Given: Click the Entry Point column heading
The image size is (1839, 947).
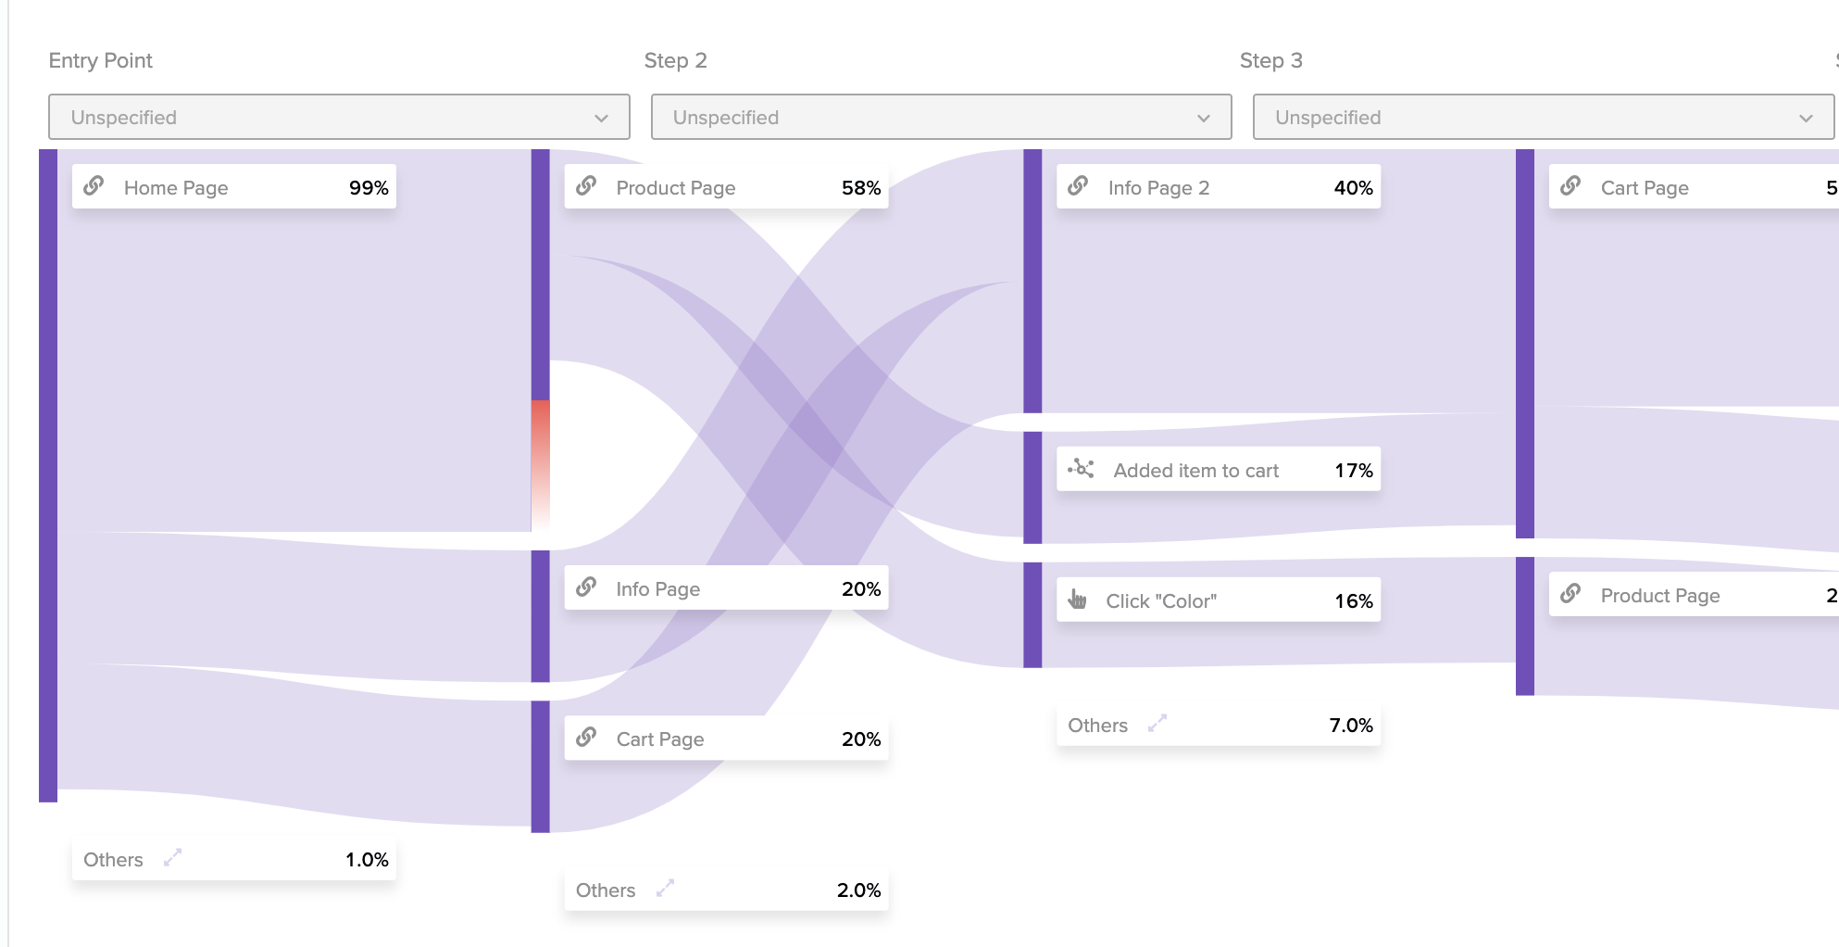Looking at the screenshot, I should (100, 60).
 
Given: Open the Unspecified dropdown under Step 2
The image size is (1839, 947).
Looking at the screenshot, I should (940, 118).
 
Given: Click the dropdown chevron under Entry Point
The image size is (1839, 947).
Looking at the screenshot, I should (601, 119).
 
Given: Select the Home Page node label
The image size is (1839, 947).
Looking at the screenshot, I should (175, 188).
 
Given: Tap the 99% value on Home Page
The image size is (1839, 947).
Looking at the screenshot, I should (368, 188).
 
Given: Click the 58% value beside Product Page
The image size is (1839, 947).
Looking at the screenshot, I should (860, 188).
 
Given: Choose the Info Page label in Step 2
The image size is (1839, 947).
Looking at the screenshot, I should (657, 589).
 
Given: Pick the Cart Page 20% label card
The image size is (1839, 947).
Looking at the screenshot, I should (725, 739).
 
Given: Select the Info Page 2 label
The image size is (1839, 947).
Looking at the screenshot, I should (1158, 188).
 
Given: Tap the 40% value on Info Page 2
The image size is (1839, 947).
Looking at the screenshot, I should (1353, 188).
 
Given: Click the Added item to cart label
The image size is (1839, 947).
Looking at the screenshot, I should (1195, 471).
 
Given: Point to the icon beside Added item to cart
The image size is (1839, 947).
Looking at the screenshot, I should (1081, 469).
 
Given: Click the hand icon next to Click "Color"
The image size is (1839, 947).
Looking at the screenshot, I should (1077, 600).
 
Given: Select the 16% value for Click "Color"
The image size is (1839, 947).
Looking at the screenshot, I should (1353, 601).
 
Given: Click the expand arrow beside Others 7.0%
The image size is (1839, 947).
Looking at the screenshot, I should (1157, 724).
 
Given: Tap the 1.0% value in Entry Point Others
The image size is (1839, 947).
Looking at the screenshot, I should (367, 860).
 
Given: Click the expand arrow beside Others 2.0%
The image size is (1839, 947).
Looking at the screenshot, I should (665, 889).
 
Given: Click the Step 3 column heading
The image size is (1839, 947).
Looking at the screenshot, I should (1270, 60).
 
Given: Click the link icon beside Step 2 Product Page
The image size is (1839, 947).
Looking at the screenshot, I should (586, 186).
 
